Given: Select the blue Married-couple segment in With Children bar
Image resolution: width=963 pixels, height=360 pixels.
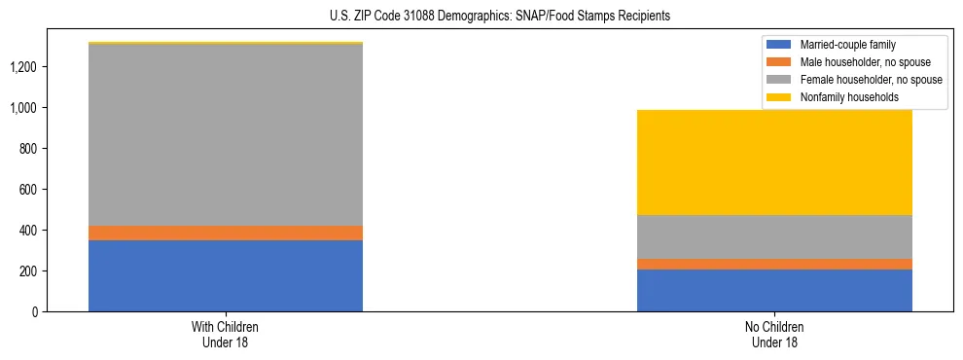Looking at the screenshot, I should tap(226, 275).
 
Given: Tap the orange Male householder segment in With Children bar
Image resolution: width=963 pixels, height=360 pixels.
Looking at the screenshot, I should tap(226, 233).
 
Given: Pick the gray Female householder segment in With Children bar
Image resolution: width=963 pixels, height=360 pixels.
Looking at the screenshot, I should tap(226, 134).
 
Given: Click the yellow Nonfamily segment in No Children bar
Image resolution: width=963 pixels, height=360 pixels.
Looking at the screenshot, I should tap(774, 162).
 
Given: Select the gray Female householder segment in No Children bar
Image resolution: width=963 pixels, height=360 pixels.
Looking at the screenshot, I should tap(774, 236).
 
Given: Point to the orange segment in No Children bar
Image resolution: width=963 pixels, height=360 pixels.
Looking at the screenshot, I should tap(774, 264).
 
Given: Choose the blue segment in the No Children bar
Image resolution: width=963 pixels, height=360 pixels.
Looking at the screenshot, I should tap(774, 290).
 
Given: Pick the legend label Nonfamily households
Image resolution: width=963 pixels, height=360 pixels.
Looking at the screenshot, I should tap(842, 97).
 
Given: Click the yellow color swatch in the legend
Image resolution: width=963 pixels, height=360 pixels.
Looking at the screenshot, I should tap(780, 97).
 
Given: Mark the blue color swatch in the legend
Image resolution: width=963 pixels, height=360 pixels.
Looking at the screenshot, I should tap(780, 45).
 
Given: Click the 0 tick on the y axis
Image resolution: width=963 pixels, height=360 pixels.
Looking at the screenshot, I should tap(35, 311).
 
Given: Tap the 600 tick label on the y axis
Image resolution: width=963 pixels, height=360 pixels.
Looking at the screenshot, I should tap(29, 190).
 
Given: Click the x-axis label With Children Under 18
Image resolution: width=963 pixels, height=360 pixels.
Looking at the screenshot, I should tap(226, 334).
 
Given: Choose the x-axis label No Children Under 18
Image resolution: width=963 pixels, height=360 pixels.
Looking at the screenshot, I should tap(774, 334).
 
